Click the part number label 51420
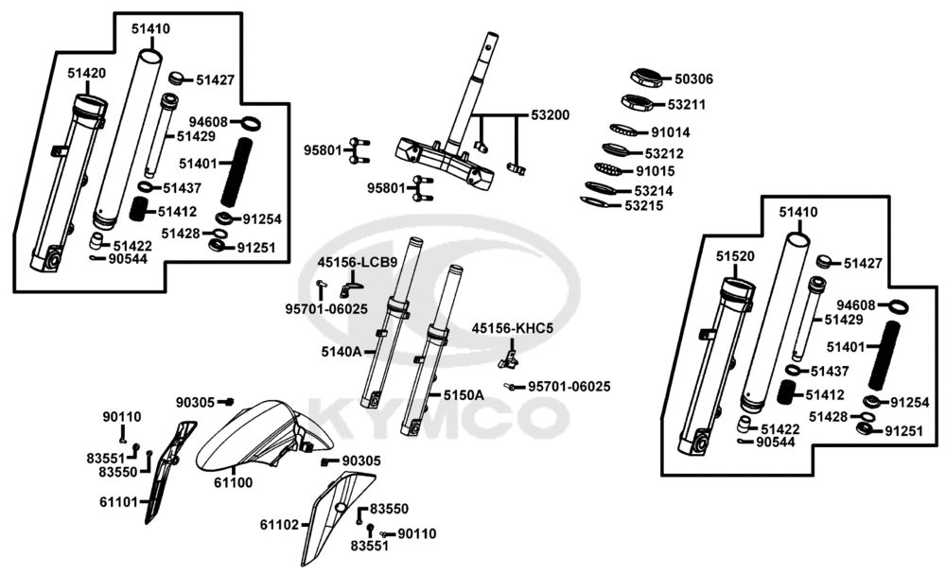(x=86, y=72)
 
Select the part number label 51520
(x=735, y=255)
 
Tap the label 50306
(x=693, y=80)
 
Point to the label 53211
(x=686, y=104)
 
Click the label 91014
(x=670, y=132)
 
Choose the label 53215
(x=642, y=205)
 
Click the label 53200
(x=550, y=115)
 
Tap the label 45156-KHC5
(x=512, y=328)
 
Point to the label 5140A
(x=341, y=352)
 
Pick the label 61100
(x=232, y=482)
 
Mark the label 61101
(x=120, y=501)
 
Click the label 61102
(x=279, y=524)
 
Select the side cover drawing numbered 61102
(x=331, y=515)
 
